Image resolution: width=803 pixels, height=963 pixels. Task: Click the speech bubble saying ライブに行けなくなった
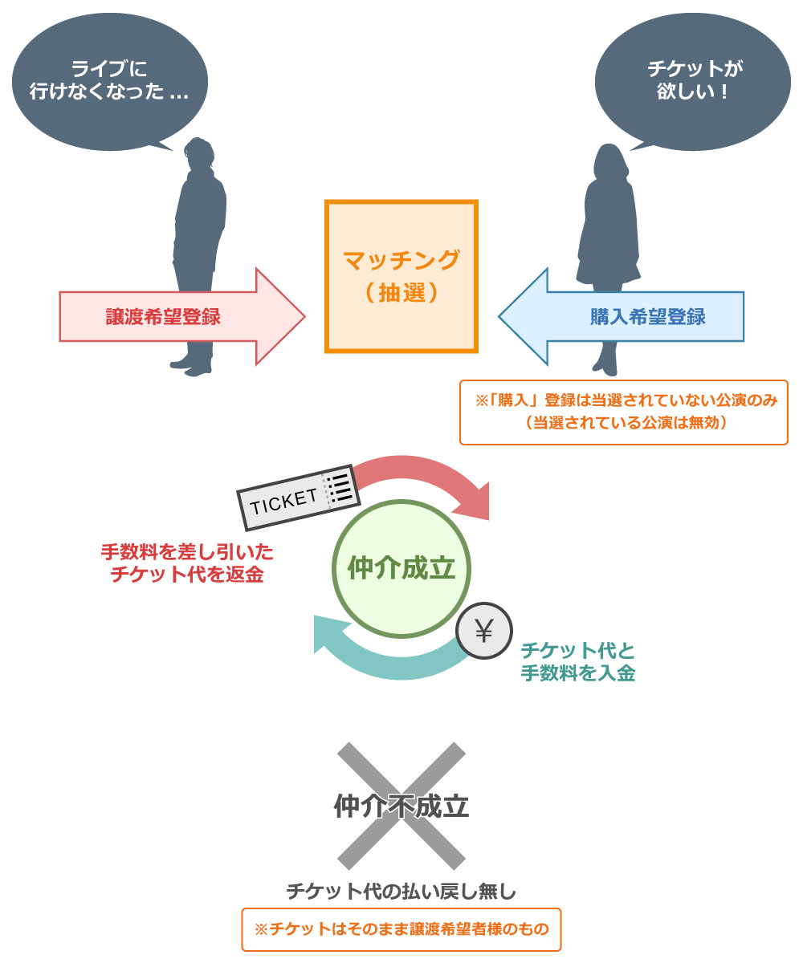[109, 80]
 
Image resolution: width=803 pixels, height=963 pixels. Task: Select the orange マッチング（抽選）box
[401, 276]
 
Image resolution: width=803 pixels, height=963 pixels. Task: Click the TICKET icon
[296, 497]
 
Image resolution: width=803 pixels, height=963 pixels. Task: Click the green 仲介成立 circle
[401, 569]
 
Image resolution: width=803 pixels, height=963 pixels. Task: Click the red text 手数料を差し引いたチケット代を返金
[186, 564]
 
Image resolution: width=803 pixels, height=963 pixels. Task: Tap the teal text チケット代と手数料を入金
[577, 661]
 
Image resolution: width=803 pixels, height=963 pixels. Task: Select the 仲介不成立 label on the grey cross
[401, 806]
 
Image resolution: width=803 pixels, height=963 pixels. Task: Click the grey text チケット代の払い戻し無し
[401, 890]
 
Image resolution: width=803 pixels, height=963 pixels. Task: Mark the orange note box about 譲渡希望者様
[401, 929]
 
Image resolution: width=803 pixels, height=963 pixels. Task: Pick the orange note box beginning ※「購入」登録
[623, 412]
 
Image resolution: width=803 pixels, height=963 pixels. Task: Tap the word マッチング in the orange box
[401, 260]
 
